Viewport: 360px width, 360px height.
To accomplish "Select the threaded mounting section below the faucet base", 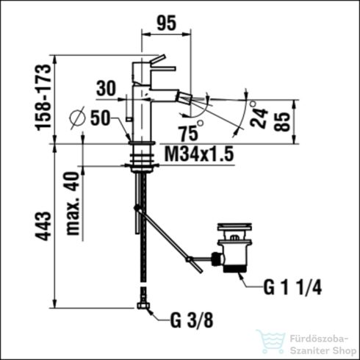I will [x=140, y=156].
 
